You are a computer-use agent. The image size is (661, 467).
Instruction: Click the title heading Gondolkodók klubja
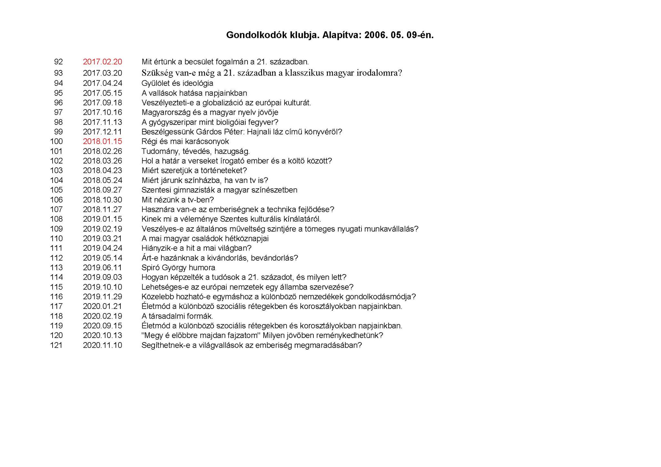click(x=330, y=35)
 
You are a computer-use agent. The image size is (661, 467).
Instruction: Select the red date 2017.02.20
click(x=102, y=62)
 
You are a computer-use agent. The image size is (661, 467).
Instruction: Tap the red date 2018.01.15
click(x=102, y=141)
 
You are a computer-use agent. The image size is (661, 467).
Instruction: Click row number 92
click(x=58, y=62)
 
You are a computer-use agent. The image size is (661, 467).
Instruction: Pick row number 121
click(x=56, y=345)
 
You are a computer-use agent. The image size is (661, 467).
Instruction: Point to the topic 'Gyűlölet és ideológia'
click(x=177, y=83)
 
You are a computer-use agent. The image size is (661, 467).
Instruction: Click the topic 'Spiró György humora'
click(x=178, y=267)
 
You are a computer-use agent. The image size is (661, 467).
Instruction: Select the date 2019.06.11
click(x=102, y=267)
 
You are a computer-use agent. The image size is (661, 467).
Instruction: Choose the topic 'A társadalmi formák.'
click(x=177, y=316)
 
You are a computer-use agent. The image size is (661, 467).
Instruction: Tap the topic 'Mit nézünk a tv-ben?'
click(x=178, y=200)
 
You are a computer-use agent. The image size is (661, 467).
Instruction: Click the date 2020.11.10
click(x=102, y=345)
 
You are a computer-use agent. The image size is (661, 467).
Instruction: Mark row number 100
click(x=56, y=141)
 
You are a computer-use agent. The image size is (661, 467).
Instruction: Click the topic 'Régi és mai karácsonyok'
click(x=185, y=141)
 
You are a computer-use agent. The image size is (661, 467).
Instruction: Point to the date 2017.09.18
click(x=102, y=103)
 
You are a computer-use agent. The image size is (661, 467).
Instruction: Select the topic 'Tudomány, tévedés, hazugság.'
click(x=196, y=151)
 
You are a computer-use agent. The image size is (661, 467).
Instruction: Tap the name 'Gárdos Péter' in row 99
click(x=220, y=132)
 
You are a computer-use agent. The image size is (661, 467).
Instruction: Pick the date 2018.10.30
click(x=102, y=200)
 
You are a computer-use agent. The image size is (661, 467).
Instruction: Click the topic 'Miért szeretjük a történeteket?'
click(x=194, y=170)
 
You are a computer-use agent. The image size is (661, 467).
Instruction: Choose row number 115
click(x=56, y=287)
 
